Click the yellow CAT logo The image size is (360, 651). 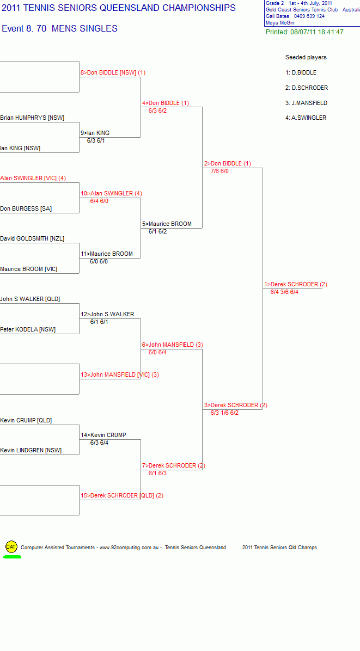(x=11, y=547)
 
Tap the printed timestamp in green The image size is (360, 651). (x=304, y=32)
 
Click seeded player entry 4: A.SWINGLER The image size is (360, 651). (x=306, y=118)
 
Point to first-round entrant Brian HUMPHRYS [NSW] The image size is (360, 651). (x=32, y=118)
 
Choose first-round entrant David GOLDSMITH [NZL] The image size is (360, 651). (x=32, y=239)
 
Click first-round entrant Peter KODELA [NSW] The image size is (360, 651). (x=28, y=330)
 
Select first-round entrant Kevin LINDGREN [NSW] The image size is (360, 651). (x=30, y=451)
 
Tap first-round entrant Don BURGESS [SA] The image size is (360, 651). (x=26, y=208)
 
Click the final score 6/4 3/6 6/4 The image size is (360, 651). (x=284, y=292)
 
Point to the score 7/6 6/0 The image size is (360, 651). (x=219, y=171)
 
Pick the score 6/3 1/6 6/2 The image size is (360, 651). (x=224, y=413)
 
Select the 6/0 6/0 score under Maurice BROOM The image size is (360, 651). (x=99, y=262)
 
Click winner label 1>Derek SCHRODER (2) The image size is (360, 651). (x=296, y=284)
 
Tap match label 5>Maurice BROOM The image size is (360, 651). (x=167, y=224)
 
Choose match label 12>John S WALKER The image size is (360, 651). (x=107, y=314)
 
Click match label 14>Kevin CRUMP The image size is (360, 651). (x=103, y=435)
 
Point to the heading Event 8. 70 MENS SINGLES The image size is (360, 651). (x=60, y=29)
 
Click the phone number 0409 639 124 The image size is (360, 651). (x=309, y=16)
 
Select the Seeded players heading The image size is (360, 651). (x=306, y=57)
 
